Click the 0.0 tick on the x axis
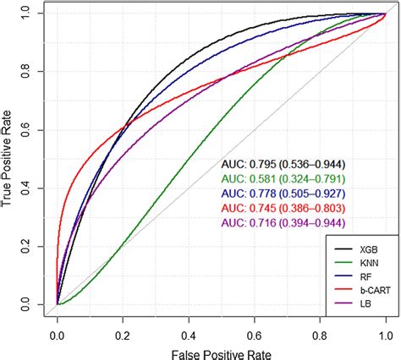[57, 323]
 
